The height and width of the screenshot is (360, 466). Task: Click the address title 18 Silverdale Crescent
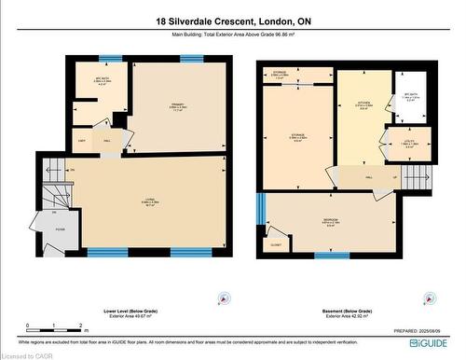(232, 21)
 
